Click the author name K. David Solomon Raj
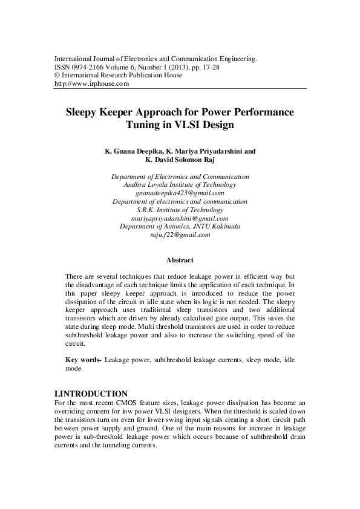180,161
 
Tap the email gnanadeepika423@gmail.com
180,192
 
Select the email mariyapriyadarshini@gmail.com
180,218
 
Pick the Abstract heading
180,261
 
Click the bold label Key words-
83,360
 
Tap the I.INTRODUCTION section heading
91,394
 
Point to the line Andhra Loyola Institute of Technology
180,184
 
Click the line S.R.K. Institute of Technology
180,209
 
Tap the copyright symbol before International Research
57,76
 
